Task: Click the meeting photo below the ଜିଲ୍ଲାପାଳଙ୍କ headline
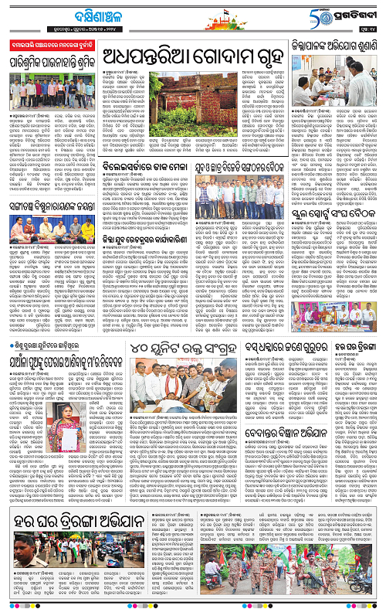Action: point(337,97)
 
